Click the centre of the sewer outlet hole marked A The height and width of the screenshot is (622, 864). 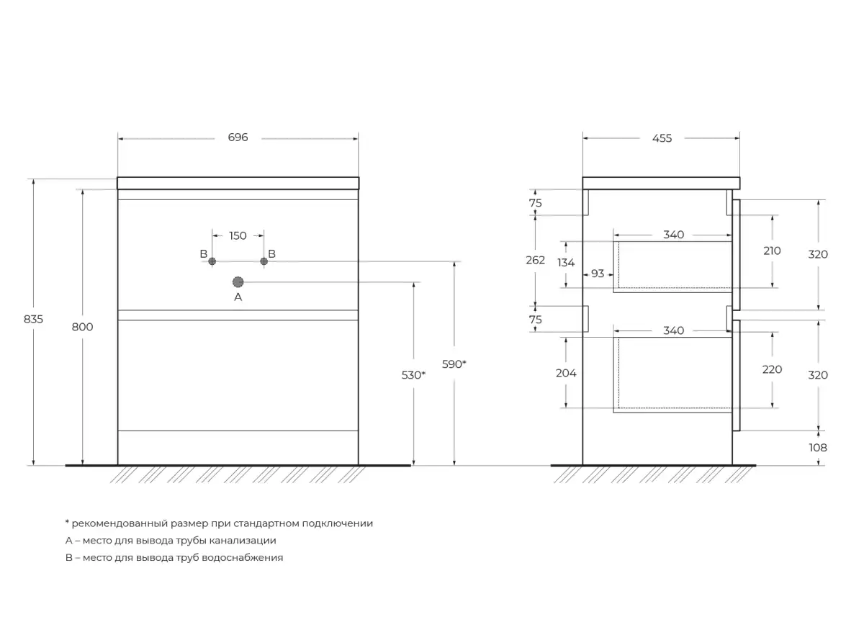click(x=238, y=282)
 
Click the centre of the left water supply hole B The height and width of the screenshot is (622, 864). click(x=212, y=261)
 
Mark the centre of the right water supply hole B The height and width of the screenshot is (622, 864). click(x=264, y=261)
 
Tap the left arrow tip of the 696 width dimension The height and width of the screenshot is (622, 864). click(x=118, y=139)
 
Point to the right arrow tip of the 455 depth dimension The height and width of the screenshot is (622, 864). click(x=739, y=138)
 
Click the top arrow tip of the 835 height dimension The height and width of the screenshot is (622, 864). click(x=34, y=180)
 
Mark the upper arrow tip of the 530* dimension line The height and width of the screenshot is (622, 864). click(x=413, y=283)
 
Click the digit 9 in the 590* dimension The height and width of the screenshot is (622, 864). click(x=454, y=364)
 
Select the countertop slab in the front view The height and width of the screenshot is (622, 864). click(x=238, y=183)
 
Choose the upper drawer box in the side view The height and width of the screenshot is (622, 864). click(x=672, y=267)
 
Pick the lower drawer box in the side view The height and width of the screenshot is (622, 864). click(x=672, y=375)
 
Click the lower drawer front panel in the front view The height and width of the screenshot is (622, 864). click(x=238, y=375)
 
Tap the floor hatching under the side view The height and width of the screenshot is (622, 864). click(x=652, y=474)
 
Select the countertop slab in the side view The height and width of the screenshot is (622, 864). click(x=661, y=183)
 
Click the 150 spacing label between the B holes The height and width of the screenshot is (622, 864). click(x=238, y=235)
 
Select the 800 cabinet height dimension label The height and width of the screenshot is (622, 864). click(x=82, y=327)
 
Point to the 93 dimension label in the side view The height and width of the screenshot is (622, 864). click(x=598, y=274)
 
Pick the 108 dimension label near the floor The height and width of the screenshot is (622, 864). click(x=818, y=448)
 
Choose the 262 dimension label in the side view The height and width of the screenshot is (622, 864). click(x=536, y=261)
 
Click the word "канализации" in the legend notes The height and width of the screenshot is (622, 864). click(x=243, y=541)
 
